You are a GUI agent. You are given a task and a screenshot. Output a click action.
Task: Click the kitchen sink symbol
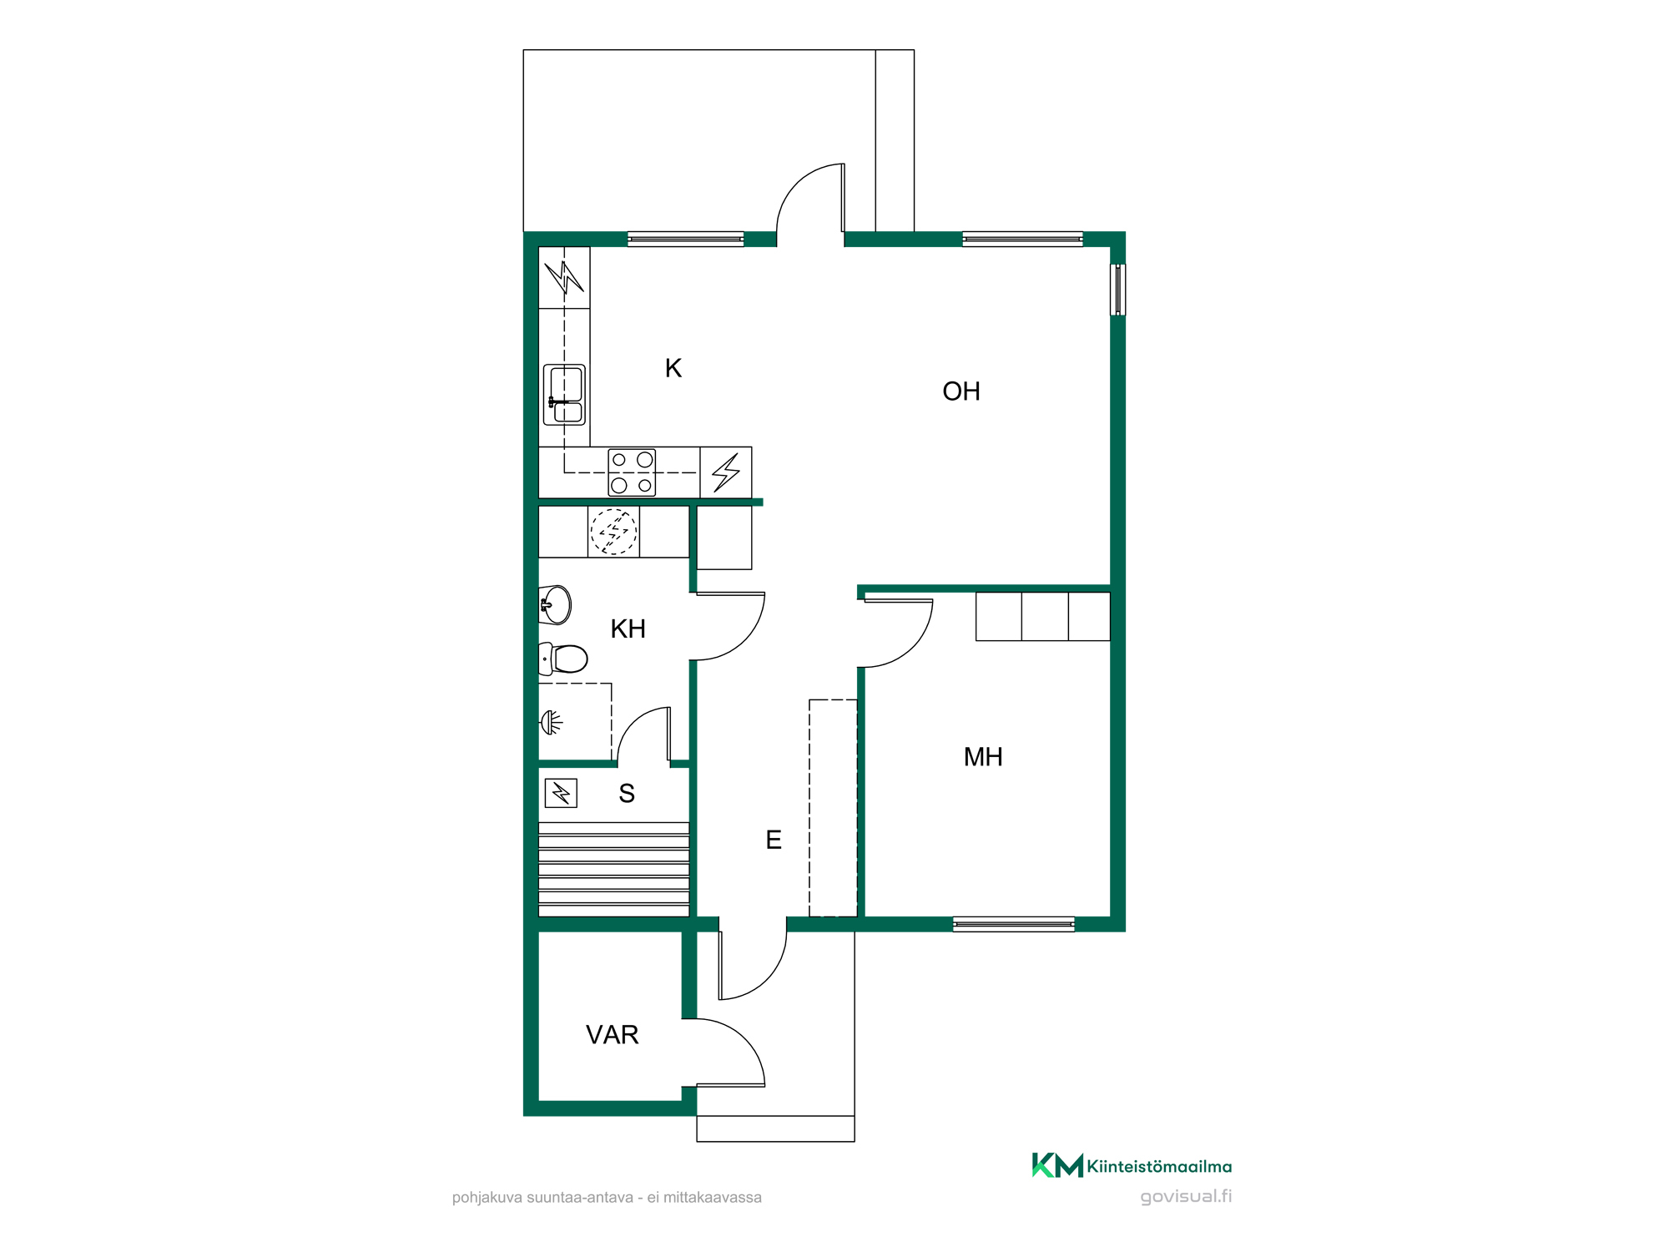(564, 395)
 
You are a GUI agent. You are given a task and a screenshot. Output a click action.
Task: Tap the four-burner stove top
(632, 472)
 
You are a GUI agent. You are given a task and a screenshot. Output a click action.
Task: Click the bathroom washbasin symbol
(555, 605)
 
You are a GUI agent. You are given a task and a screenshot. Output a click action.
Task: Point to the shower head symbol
(551, 722)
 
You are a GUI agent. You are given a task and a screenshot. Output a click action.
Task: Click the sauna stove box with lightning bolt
(561, 792)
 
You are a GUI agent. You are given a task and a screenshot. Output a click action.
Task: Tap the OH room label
(961, 391)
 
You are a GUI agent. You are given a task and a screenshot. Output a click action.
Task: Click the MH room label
(983, 757)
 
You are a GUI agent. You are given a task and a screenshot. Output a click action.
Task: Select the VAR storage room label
(613, 1035)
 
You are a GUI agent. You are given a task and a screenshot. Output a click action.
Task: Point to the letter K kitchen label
(673, 368)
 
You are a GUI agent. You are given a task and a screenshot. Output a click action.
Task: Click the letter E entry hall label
(774, 840)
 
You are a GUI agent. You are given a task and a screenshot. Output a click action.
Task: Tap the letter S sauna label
(627, 794)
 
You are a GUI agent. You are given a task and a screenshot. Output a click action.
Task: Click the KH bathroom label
(628, 629)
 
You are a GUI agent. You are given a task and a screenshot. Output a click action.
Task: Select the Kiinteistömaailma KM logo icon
(1057, 1165)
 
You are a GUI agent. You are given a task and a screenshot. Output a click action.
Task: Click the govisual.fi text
(1186, 1196)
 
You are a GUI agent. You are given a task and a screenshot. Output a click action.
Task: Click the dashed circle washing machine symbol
(614, 532)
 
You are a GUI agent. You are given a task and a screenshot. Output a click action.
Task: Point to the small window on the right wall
(1117, 290)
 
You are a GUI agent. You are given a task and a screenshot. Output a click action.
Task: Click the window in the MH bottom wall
(1014, 924)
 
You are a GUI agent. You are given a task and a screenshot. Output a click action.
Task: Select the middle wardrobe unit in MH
(1045, 617)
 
